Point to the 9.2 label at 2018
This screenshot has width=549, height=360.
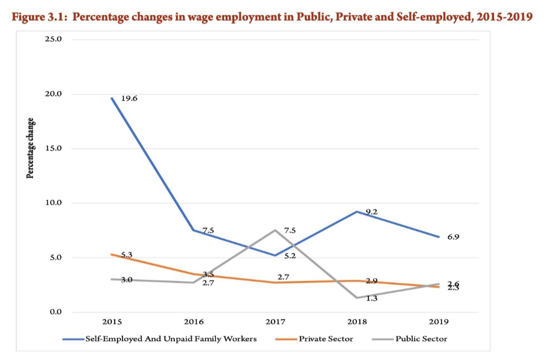click(372, 212)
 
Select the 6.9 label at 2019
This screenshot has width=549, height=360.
click(453, 237)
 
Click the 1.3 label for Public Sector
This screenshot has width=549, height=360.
click(372, 298)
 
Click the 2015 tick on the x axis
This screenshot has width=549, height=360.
click(112, 321)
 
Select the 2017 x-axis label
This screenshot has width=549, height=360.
click(275, 321)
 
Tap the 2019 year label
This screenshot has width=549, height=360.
click(438, 321)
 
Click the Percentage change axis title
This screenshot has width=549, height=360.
click(30, 148)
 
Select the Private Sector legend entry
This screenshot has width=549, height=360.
click(326, 339)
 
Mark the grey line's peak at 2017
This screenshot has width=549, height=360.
click(275, 230)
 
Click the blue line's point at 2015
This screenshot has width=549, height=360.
click(112, 98)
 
